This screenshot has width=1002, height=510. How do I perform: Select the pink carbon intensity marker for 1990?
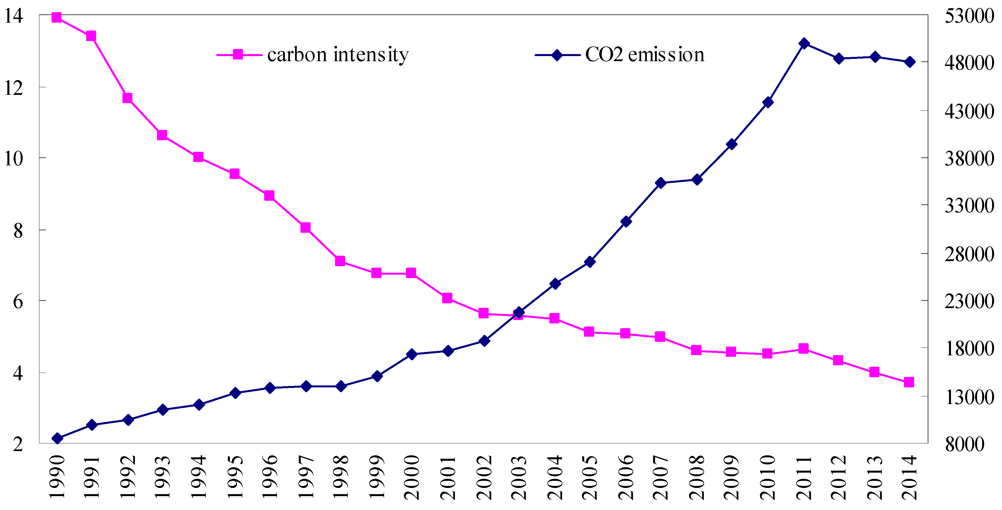(x=56, y=18)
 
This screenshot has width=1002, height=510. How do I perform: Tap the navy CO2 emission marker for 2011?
(x=804, y=44)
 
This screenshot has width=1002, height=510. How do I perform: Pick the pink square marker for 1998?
(x=340, y=261)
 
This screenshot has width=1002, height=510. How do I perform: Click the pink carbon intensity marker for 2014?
(x=909, y=382)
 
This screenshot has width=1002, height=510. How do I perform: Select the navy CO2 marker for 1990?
(x=57, y=438)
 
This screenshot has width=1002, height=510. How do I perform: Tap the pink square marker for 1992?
(x=127, y=98)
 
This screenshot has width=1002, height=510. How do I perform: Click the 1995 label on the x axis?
(x=235, y=478)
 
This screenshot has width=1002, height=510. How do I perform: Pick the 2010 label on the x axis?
(x=768, y=478)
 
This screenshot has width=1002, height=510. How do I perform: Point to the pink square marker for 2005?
(x=589, y=332)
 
